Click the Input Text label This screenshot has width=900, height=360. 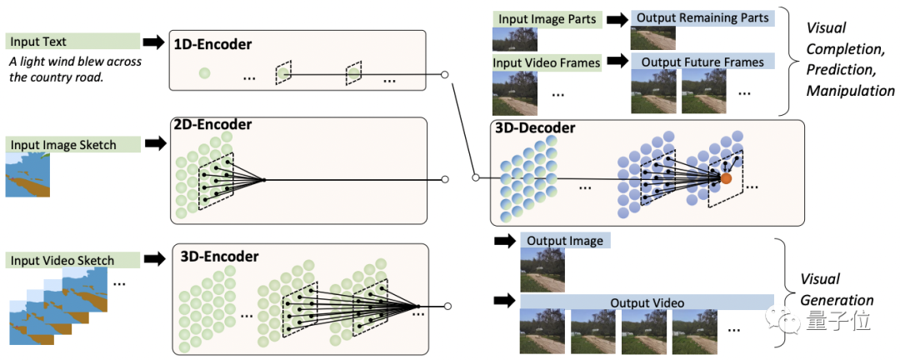pos(37,42)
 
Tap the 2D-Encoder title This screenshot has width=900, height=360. pos(212,125)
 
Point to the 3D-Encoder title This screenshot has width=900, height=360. pos(219,257)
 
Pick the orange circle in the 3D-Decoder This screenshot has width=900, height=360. pos(726,178)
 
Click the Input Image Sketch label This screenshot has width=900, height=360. pos(63,145)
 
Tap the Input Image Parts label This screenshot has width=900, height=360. pos(547,18)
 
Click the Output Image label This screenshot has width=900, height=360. pos(565,242)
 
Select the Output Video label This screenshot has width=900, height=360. pos(647,302)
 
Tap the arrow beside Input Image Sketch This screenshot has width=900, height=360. pos(156,144)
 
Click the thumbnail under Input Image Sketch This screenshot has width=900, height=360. pos(28,175)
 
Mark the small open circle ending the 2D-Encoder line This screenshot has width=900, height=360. pos(445,179)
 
